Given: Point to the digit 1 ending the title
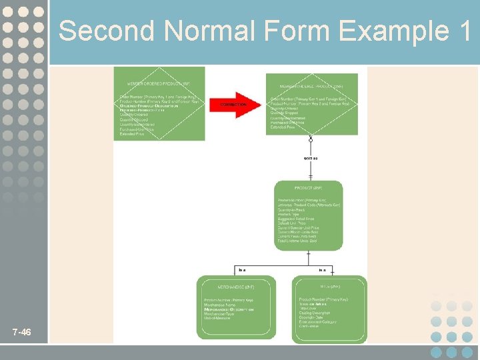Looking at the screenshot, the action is [x=464, y=31].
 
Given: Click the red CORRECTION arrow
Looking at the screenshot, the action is [x=236, y=104].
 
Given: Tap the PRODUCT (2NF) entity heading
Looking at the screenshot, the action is [x=308, y=189].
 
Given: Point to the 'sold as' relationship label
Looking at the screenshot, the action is [x=311, y=158].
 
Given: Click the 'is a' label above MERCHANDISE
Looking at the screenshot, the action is [x=242, y=270].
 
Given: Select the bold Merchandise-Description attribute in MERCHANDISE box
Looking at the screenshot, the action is [x=229, y=310].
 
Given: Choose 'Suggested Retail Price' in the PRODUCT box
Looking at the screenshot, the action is [x=297, y=218].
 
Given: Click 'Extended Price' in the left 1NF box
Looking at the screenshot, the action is [x=132, y=134].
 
